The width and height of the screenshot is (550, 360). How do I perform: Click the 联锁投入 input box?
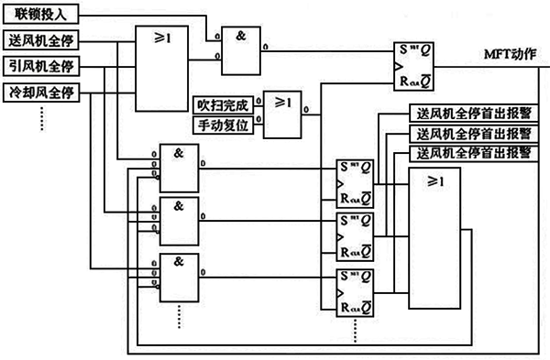42,16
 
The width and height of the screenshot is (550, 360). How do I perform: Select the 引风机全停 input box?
42,66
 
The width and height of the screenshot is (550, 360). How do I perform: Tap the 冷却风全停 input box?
42,92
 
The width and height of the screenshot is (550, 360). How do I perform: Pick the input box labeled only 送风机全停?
42,41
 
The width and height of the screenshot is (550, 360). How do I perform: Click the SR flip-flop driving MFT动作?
411,66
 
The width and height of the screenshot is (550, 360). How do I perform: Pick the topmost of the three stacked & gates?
179,167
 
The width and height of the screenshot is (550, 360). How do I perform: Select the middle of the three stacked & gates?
179,219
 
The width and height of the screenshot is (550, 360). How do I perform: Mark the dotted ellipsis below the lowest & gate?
179,318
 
